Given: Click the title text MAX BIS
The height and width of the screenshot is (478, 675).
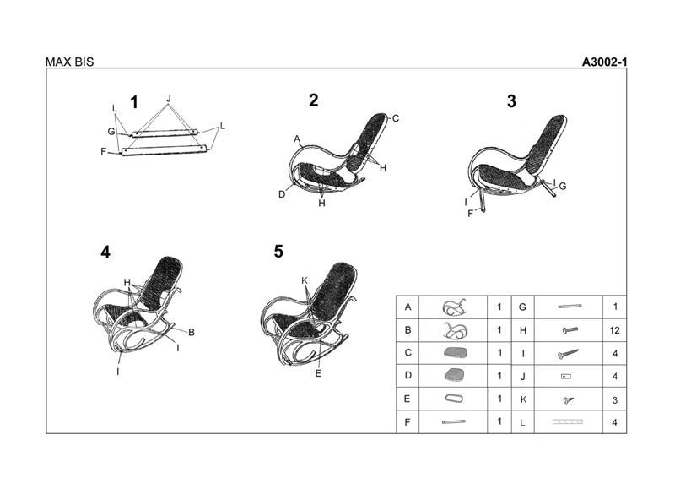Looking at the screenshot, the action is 69,62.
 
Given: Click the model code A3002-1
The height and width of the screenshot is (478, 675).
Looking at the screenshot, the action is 604,62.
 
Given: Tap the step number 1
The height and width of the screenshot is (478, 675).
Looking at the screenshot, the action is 134,102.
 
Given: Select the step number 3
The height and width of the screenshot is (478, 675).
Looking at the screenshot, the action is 511,101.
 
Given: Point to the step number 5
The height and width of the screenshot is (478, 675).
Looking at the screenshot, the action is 278,252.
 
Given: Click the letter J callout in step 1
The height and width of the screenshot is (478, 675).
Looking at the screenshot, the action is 168,99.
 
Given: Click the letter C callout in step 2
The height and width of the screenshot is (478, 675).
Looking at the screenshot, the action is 396,118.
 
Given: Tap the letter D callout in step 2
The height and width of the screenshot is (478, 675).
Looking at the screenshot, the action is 282,194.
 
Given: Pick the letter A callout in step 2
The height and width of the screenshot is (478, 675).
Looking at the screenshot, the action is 297,139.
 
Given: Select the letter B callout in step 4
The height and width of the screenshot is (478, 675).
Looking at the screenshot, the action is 192,332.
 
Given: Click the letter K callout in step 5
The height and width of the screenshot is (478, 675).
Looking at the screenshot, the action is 305,280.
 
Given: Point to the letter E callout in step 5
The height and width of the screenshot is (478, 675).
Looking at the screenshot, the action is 318,373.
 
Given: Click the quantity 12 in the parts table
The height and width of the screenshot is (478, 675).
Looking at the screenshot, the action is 615,330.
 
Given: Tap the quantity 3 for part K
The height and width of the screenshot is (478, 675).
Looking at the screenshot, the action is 615,400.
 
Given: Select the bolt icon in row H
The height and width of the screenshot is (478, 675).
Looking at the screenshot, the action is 570,330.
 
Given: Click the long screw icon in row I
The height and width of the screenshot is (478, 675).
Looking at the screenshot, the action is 568,354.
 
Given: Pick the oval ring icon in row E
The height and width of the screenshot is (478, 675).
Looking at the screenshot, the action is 454,399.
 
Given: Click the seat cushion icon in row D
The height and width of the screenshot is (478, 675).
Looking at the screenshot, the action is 454,375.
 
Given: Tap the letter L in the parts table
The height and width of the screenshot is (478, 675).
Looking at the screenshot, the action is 522,423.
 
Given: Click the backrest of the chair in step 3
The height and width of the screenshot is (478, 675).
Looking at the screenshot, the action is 548,143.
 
